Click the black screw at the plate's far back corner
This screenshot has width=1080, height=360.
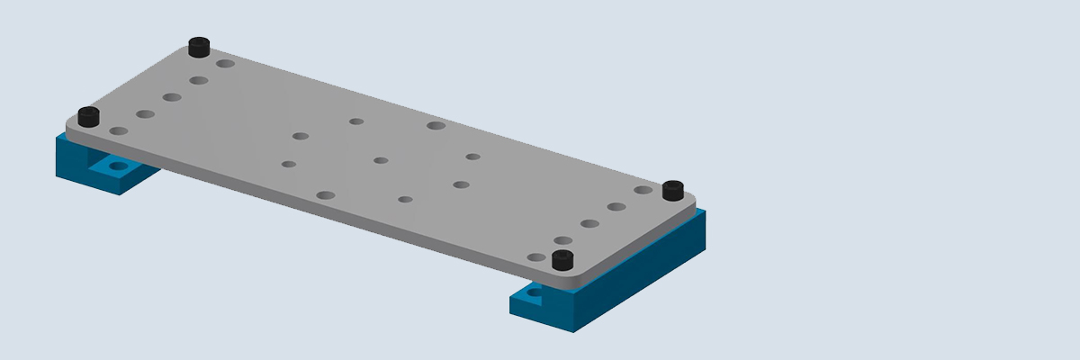tap(199, 46)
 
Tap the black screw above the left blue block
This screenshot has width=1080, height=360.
tap(88, 116)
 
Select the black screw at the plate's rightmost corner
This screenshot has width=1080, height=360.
tap(672, 190)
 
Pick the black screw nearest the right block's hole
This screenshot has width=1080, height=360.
tap(562, 260)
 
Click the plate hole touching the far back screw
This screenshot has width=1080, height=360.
tap(225, 63)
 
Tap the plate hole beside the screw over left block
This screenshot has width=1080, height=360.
tap(118, 131)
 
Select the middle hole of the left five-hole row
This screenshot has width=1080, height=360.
tap(172, 97)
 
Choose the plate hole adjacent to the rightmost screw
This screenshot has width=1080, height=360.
tap(643, 190)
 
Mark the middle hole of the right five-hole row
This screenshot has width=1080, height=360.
tap(589, 223)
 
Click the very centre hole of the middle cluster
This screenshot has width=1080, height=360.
tap(381, 160)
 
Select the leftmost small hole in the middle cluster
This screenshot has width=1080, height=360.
tap(288, 164)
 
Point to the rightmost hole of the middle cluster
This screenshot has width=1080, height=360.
tap(472, 157)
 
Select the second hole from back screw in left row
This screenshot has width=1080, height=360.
tap(199, 80)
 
